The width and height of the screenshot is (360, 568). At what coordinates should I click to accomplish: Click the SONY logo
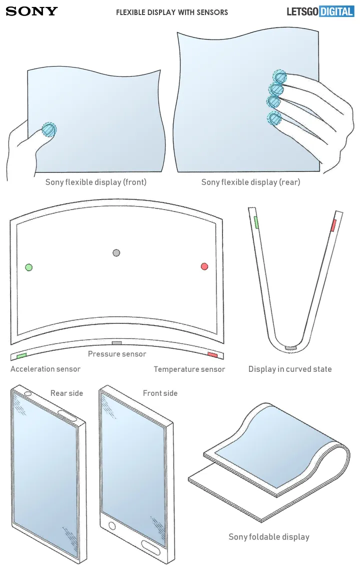[31, 11]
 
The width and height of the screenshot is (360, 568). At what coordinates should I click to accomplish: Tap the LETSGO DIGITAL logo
[320, 11]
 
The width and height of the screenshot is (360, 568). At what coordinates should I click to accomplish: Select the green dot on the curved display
[29, 267]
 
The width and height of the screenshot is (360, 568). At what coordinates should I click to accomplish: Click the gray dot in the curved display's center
[116, 253]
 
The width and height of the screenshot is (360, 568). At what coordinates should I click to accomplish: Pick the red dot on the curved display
[204, 266]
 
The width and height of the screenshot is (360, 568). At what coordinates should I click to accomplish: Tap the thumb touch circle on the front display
[48, 130]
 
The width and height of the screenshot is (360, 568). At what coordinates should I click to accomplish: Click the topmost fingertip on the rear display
[280, 77]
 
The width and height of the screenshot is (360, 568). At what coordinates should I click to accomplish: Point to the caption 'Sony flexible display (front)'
[96, 182]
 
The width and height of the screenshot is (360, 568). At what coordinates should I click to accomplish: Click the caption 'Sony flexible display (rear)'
[250, 182]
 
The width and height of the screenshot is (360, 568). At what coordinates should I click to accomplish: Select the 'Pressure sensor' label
[117, 354]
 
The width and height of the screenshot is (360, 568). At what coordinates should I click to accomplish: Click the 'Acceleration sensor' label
[45, 369]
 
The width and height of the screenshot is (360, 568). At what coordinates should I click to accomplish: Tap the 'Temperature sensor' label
[189, 369]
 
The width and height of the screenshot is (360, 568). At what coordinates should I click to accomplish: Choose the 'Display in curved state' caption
[290, 369]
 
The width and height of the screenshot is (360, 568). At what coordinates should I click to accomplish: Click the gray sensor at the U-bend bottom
[290, 347]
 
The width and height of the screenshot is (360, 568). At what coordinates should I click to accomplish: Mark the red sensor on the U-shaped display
[333, 225]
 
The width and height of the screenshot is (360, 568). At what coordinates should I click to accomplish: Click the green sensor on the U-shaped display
[256, 222]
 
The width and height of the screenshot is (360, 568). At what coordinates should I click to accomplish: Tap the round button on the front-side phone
[112, 526]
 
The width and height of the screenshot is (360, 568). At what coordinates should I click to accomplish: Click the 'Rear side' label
[66, 393]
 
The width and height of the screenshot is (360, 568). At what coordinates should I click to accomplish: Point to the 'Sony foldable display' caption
[269, 537]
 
